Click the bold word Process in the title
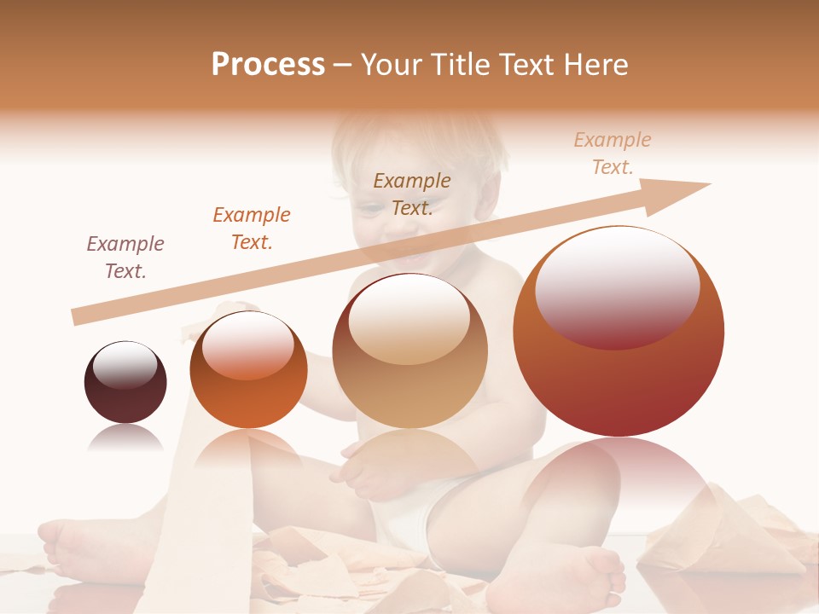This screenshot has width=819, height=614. coord(268,65)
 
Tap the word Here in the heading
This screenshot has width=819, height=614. coord(596,65)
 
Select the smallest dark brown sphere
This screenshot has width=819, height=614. coord(125,383)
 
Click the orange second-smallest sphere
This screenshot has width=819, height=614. coord(248,370)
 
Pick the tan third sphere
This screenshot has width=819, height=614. coord(410,351)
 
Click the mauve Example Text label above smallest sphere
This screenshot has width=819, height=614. coord(125,258)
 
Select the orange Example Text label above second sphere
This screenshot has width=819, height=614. coord(252,229)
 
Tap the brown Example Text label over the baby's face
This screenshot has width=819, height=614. coord(412,194)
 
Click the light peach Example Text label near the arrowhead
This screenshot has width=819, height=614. coord(613,153)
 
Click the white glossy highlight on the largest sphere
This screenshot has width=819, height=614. coord(618,287)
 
